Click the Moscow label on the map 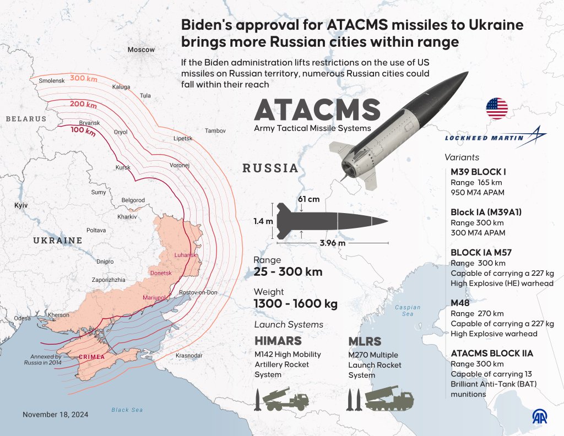141,50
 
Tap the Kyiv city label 21,205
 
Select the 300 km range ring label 84,78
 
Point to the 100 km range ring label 83,132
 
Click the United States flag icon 497,108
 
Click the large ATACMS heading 317,111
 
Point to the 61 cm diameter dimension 309,198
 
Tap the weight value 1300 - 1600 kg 295,304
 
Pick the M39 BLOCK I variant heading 478,171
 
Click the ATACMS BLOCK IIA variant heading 491,353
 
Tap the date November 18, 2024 55,414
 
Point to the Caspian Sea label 407,310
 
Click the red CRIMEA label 91,357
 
